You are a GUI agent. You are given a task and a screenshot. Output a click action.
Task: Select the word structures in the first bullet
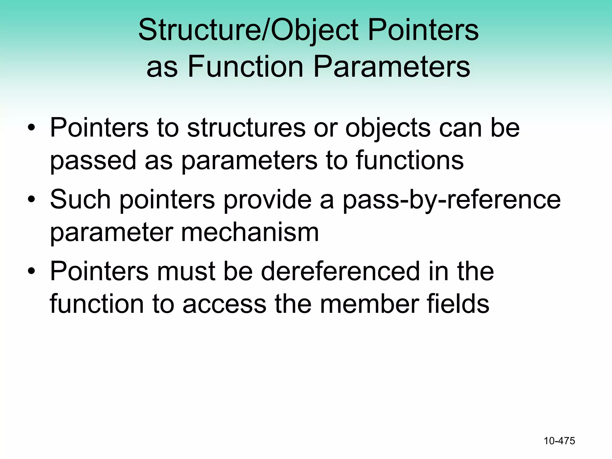tap(246, 128)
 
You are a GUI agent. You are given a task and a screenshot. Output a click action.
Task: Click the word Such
tap(80, 199)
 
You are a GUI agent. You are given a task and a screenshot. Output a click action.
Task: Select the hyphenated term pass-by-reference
tap(452, 200)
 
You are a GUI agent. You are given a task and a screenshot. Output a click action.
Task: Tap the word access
tap(224, 304)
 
